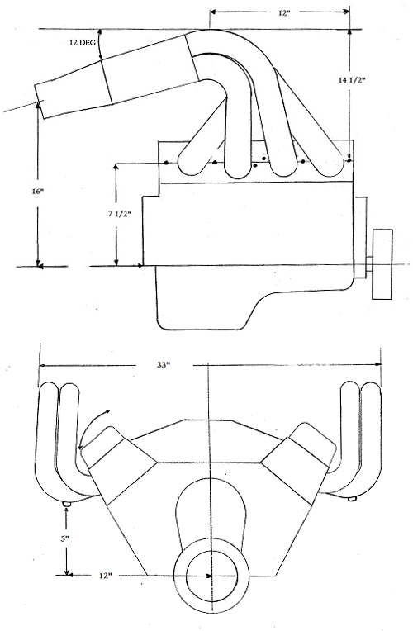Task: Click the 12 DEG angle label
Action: (x=82, y=43)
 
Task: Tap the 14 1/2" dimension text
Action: (x=351, y=80)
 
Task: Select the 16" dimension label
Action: (x=37, y=192)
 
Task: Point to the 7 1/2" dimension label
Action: (x=120, y=214)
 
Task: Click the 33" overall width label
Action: (x=164, y=365)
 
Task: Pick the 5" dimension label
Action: (x=65, y=538)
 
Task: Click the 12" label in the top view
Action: (x=284, y=13)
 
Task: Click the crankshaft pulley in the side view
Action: (x=382, y=264)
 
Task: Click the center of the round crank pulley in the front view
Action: (x=211, y=576)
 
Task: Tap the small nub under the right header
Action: (x=352, y=499)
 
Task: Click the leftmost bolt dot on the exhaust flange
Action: (x=166, y=163)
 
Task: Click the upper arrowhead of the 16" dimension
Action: (x=39, y=104)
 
